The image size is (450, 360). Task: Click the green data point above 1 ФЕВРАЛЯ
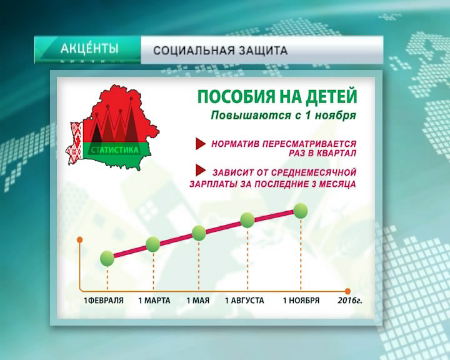107,258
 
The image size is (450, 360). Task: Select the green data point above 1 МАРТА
153,244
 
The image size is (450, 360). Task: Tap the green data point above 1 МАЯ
199,233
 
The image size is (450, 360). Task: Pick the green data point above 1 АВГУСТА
247,220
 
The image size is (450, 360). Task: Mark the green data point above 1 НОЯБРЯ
301,211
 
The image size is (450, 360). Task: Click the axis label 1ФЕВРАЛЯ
104,301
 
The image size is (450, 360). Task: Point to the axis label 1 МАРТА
154,301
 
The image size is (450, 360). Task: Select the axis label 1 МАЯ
198,301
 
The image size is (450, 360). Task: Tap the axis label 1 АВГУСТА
244,301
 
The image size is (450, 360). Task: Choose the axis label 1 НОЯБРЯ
301,301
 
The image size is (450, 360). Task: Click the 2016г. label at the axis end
349,301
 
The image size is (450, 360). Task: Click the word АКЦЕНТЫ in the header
89,48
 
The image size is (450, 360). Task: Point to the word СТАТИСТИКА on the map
115,150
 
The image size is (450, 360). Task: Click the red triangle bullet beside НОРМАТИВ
201,144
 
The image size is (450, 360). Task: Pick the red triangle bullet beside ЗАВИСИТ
201,170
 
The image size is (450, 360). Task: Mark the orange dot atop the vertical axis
80,240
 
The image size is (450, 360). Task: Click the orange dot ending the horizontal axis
348,291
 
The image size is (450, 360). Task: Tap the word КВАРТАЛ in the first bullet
337,153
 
